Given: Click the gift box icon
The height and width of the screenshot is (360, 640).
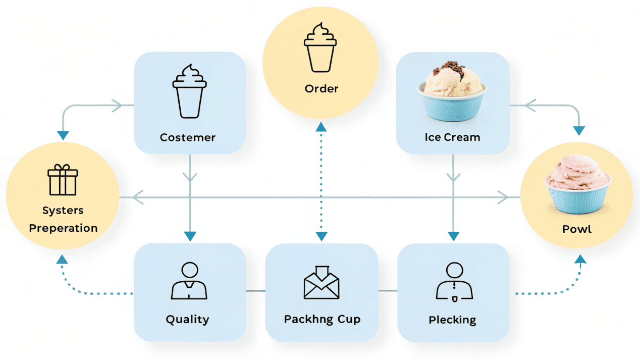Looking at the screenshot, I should point(63,180).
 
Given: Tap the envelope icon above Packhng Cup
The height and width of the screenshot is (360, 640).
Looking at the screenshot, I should point(322,283).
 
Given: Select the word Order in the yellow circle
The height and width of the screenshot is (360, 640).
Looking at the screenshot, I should point(322,89).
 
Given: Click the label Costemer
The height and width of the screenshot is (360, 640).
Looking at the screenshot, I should point(188,137).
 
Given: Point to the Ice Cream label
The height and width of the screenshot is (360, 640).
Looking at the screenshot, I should point(452,137).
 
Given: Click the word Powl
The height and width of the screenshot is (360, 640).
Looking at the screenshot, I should point(577,229).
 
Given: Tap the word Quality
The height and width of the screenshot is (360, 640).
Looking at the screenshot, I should point(187,319).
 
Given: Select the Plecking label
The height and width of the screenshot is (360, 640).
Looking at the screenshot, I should point(452,320).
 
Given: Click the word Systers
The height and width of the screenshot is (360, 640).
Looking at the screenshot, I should point(63,211).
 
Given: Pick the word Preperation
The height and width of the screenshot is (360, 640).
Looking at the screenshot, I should point(63,228).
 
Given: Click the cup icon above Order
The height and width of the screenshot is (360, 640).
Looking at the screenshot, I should point(321,48).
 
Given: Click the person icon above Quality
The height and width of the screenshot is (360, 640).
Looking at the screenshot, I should point(189,281).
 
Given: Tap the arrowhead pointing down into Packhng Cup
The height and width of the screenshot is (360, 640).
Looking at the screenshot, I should point(321,236).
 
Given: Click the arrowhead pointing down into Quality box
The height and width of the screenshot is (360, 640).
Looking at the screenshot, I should point(190,236).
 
